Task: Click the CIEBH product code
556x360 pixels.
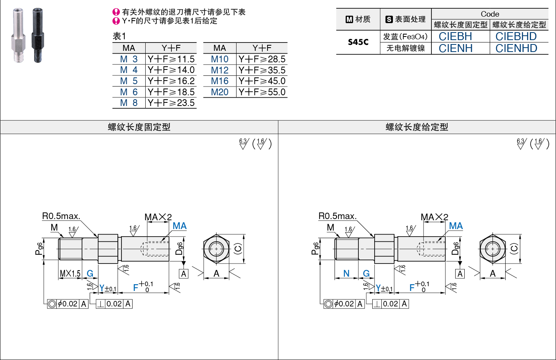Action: pos(455,37)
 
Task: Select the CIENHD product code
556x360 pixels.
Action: pos(516,48)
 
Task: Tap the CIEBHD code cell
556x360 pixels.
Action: pos(516,37)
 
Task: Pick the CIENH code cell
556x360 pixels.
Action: pos(455,48)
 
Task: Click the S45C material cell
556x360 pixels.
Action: pos(358,42)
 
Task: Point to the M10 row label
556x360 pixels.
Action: pos(219,59)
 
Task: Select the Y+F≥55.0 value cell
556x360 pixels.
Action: pos(262,92)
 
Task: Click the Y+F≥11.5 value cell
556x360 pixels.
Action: pos(171,59)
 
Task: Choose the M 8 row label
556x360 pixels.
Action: pos(129,103)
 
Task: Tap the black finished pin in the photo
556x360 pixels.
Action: pos(38,35)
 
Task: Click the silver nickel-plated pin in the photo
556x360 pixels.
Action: pos(18,35)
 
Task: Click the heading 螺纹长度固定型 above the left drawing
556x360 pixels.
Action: pos(139,127)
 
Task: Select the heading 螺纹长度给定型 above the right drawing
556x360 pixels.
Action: pos(417,127)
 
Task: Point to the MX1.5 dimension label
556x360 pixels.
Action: pos(70,273)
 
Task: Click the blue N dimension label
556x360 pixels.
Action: pos(346,273)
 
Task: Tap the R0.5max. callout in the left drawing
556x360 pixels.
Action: pos(61,216)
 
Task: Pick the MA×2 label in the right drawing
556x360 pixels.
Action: pos(434,217)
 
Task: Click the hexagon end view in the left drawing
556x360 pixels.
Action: pos(216,249)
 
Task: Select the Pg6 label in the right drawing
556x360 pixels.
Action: pos(316,248)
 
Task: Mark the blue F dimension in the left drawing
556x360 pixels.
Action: pos(136,287)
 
